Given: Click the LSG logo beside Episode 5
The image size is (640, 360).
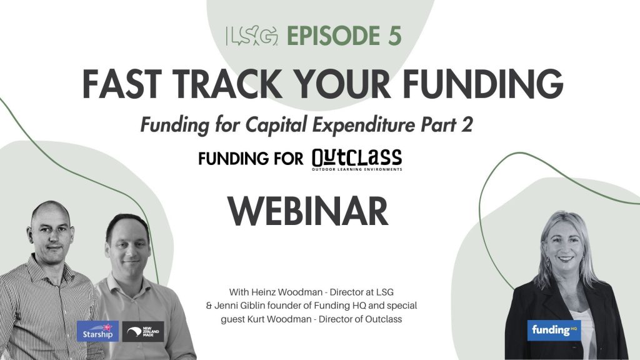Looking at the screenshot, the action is (x=252, y=36).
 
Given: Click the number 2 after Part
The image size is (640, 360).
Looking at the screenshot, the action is (x=467, y=124).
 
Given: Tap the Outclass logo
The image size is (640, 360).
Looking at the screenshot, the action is (x=357, y=159).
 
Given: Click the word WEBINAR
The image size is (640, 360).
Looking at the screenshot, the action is (x=307, y=211).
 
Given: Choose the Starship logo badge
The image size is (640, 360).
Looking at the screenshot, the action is (x=97, y=331).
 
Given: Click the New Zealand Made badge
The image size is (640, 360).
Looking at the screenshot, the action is (x=143, y=331).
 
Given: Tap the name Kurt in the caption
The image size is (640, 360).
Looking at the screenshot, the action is (x=255, y=319).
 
